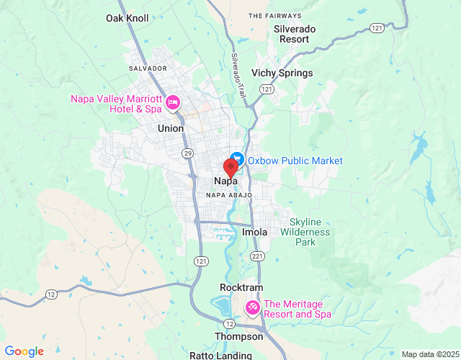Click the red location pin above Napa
tap(230, 166)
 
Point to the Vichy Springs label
tap(282, 73)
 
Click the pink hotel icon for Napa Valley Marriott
tap(173, 103)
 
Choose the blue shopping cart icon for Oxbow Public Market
tap(238, 161)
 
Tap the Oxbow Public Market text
tap(295, 161)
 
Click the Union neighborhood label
tap(171, 128)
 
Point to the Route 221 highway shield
tap(257, 256)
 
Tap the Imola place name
tap(254, 233)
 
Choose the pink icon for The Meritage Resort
tap(253, 308)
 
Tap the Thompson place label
tap(239, 336)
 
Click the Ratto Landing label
tap(220, 355)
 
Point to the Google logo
tap(24, 351)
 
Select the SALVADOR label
tap(148, 68)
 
